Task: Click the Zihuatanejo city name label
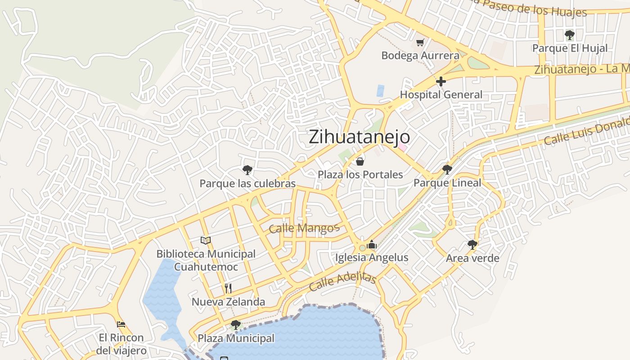359,137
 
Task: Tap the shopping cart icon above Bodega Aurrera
420,42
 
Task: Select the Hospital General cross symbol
441,81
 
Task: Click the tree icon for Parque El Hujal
570,35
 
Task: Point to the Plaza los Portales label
360,174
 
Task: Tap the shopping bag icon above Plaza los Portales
360,161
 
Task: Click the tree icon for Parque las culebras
247,170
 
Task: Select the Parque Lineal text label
447,183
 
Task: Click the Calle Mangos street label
304,228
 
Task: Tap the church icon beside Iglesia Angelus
372,245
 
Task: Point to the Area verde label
472,258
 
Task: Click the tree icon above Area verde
472,244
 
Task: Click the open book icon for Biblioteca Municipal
206,240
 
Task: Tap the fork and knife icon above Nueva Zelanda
228,288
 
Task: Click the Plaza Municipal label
236,338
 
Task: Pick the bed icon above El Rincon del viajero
121,324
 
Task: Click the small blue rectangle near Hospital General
380,90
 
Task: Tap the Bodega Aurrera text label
420,55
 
